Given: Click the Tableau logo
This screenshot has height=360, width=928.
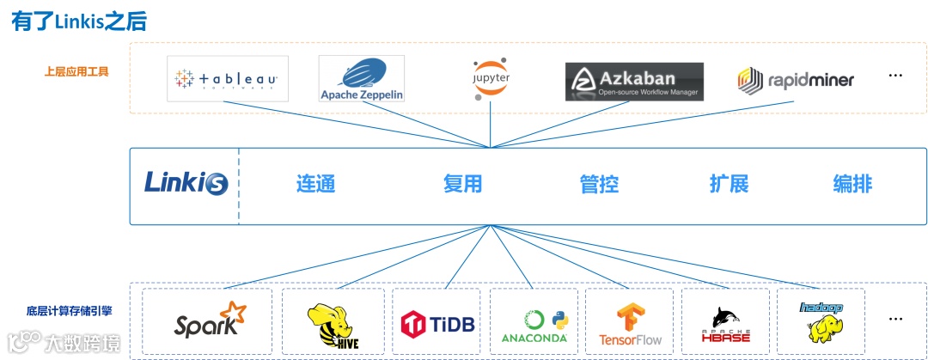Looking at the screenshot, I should [227, 79].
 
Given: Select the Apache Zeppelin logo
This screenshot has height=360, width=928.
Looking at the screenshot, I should [361, 79].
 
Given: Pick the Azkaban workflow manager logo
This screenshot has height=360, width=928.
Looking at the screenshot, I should [634, 82].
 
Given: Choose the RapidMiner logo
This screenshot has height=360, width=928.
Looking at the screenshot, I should [796, 81].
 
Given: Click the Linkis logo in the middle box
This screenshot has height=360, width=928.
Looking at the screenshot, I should [185, 183].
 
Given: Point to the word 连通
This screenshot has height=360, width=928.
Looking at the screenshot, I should [315, 183].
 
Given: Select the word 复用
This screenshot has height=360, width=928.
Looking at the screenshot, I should [462, 183].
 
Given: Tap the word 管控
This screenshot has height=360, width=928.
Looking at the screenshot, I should [599, 183].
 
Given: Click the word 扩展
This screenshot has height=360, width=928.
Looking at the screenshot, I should [729, 183].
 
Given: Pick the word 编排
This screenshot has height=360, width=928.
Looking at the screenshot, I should [852, 183].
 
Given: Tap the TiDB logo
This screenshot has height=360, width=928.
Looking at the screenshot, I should [437, 323].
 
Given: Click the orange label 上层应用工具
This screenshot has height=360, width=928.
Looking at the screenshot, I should [76, 72].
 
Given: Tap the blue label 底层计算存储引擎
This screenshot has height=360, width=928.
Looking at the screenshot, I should [69, 310].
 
